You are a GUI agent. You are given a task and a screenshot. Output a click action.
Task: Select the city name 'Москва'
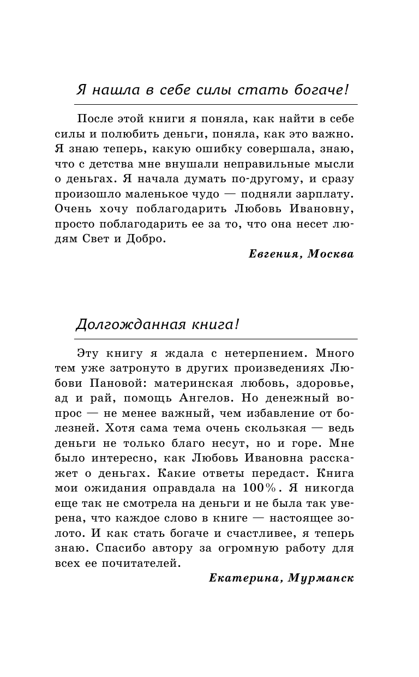point(331,254)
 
